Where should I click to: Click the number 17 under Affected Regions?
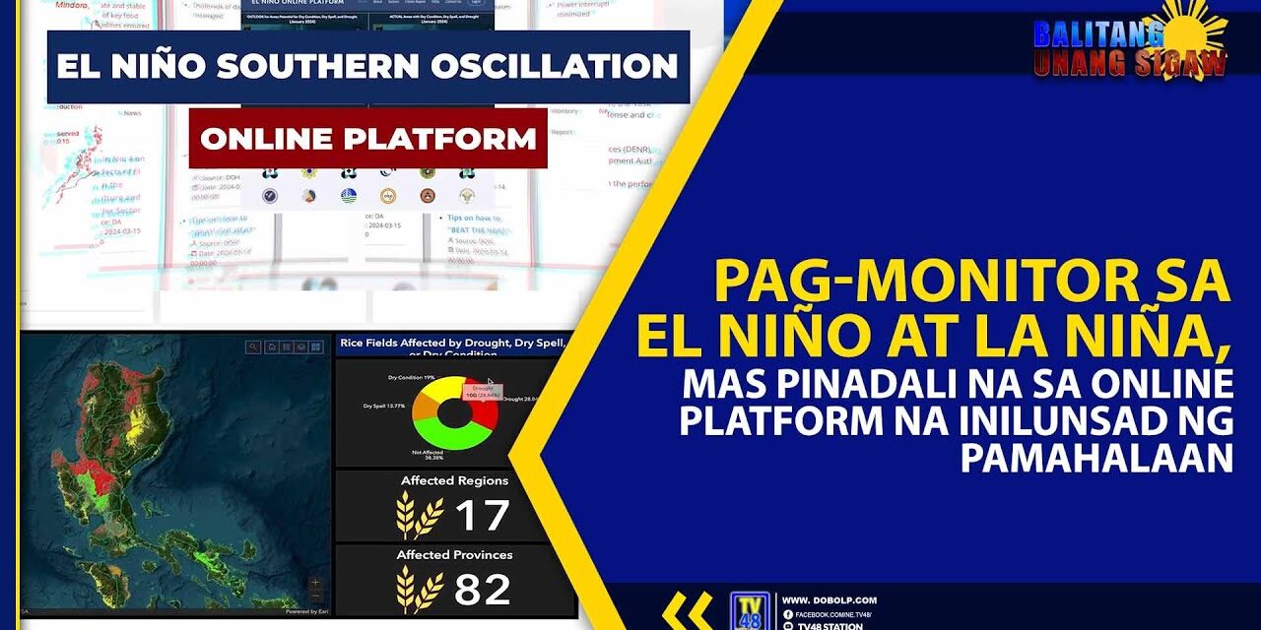coord(482,516)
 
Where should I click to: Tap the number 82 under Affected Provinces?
coord(482,589)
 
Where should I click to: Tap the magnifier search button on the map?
coord(254,346)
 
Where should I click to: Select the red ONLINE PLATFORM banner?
coord(367,138)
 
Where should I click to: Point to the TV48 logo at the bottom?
coord(750,610)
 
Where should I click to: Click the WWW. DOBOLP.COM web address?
coord(829,600)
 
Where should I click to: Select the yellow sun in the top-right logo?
coord(1195,30)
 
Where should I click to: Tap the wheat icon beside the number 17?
coord(419,516)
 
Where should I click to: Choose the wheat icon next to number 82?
coord(419,589)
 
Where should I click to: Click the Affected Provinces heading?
coord(454,555)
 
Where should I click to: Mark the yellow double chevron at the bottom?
coord(687,610)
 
